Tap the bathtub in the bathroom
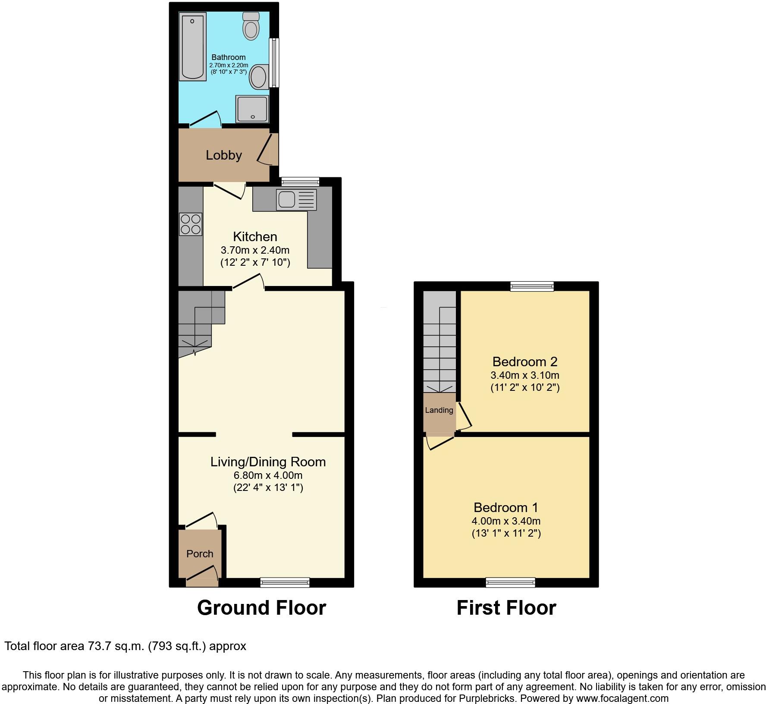pyautogui.click(x=192, y=46)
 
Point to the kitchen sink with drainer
pyautogui.click(x=296, y=200)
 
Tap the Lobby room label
pyautogui.click(x=223, y=155)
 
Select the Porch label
pyautogui.click(x=200, y=553)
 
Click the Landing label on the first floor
pyautogui.click(x=439, y=410)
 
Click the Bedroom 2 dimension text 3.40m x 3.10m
pyautogui.click(x=525, y=375)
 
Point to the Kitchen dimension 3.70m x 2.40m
pyautogui.click(x=255, y=250)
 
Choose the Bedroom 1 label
pyautogui.click(x=506, y=507)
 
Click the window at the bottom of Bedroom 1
pyautogui.click(x=510, y=582)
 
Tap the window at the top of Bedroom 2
pyautogui.click(x=532, y=286)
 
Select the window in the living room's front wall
pyautogui.click(x=285, y=582)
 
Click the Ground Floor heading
pyautogui.click(x=261, y=608)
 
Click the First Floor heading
pyautogui.click(x=506, y=608)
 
